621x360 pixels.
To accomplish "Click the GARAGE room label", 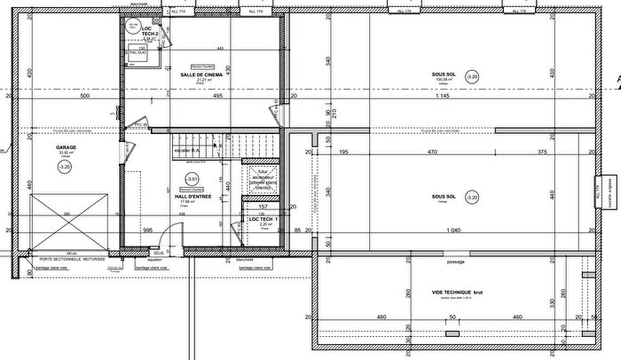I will point(64,147).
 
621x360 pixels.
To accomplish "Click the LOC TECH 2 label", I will point(150,31).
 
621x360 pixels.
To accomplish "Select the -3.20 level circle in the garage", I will point(64,165).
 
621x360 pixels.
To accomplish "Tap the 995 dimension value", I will point(149,230).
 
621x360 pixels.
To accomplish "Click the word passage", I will point(456,262).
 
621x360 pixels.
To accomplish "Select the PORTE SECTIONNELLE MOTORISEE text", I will point(64,258).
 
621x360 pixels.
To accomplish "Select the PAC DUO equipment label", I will point(138,53).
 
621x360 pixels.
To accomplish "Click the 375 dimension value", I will point(542,153).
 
